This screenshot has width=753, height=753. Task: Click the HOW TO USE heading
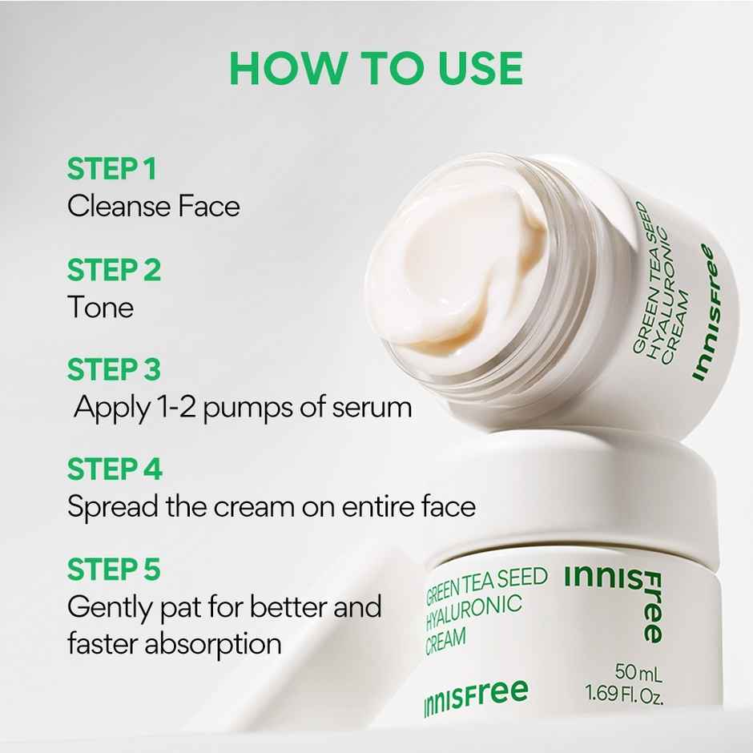[376, 69]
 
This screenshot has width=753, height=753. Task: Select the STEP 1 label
[111, 170]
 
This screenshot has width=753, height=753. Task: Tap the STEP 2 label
[114, 271]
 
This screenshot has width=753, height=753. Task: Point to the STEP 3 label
[114, 370]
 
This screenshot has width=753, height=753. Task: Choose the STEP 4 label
[115, 469]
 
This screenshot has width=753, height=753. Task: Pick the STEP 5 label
[114, 570]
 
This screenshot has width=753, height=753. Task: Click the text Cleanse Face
[153, 206]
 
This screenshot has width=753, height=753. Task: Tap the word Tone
[100, 307]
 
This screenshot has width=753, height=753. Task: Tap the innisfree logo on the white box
[476, 696]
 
